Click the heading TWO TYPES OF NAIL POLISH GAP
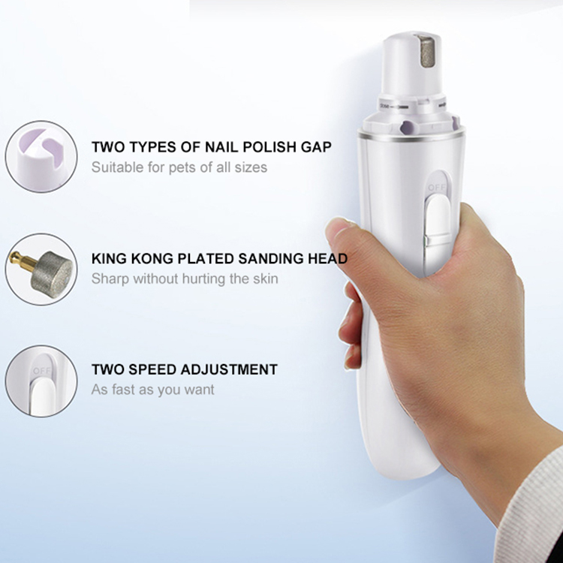[x=212, y=147]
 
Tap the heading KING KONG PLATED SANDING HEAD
[x=219, y=258]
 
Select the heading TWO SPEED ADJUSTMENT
[x=185, y=369]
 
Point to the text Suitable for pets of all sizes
[x=179, y=167]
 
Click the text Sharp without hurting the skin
[x=185, y=278]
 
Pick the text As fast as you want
[x=152, y=390]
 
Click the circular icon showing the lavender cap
[x=41, y=157]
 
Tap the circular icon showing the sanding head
[x=41, y=269]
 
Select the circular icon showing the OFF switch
[x=41, y=381]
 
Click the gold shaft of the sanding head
[x=23, y=260]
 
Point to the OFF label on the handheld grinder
[x=436, y=188]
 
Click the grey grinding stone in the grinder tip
[x=427, y=51]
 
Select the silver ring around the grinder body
[x=411, y=137]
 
